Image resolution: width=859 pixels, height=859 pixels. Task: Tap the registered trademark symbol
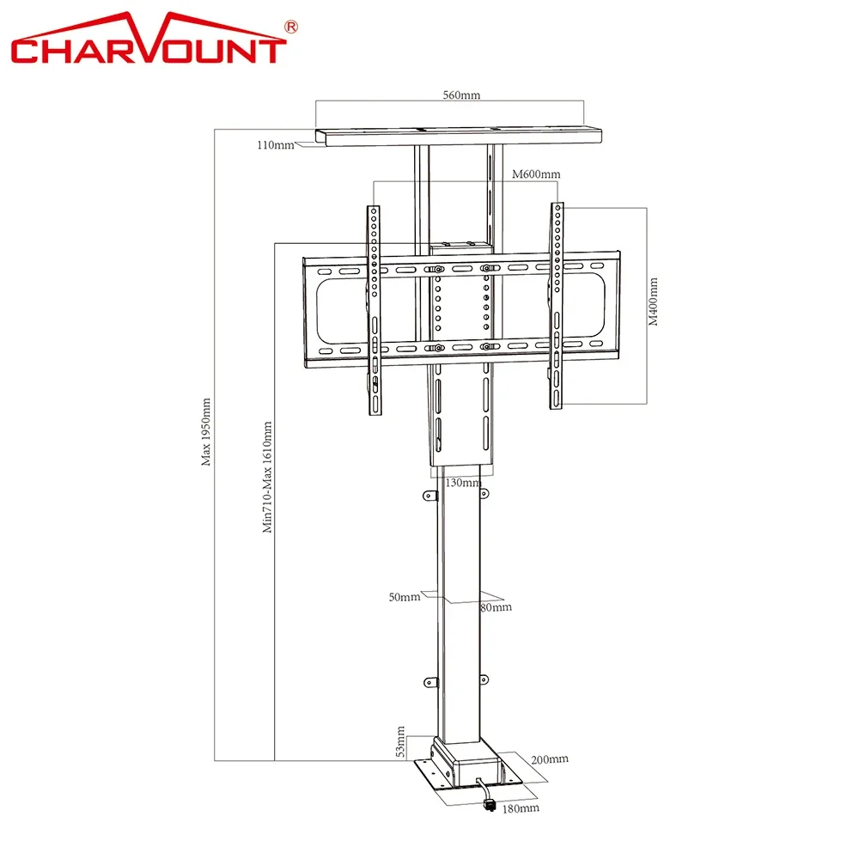[x=291, y=27]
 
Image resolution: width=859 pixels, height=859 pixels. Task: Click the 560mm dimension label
[x=461, y=94]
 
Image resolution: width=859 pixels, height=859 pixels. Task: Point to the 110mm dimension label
[x=276, y=144]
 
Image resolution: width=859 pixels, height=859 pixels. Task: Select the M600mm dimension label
[x=536, y=174]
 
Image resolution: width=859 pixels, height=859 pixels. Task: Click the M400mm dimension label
[x=653, y=302]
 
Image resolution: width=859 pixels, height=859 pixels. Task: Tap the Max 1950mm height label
[x=205, y=432]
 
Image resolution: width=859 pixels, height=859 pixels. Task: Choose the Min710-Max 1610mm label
[x=267, y=477]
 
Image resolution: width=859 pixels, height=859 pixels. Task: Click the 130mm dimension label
[x=464, y=483]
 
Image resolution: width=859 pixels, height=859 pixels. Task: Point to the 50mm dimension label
[x=405, y=597]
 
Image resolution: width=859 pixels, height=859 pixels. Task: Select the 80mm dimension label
[x=496, y=607]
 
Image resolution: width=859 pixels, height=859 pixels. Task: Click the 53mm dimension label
[x=400, y=742]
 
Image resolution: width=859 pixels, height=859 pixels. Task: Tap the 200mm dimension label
[x=550, y=759]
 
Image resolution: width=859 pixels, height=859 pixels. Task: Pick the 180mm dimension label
[x=521, y=808]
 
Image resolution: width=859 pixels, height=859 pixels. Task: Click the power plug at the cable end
[x=490, y=806]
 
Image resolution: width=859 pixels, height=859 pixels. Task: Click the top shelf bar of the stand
[x=459, y=137]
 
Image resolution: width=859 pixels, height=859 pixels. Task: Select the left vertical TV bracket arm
[x=375, y=310]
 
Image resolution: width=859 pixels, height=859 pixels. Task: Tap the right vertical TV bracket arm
[x=557, y=306]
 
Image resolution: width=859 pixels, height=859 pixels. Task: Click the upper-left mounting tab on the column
[x=430, y=496]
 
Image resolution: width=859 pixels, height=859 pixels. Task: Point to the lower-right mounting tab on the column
[x=484, y=679]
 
